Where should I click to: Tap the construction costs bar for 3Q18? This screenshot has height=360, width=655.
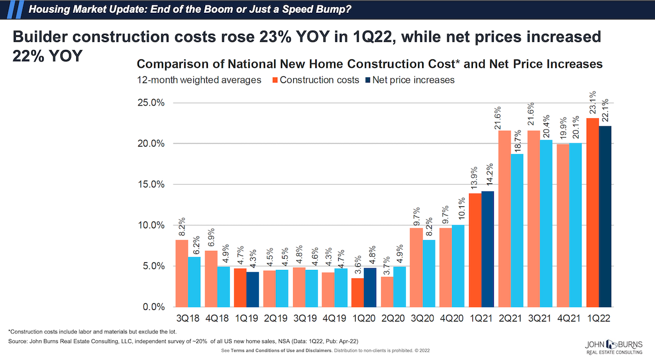click(182, 273)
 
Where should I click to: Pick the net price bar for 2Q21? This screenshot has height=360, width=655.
click(517, 230)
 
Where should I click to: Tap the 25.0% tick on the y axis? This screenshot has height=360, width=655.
click(150, 102)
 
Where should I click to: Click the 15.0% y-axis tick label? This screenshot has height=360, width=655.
click(150, 184)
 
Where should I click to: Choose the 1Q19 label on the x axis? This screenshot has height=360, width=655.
click(247, 318)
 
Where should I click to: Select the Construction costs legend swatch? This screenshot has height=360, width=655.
click(274, 80)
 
